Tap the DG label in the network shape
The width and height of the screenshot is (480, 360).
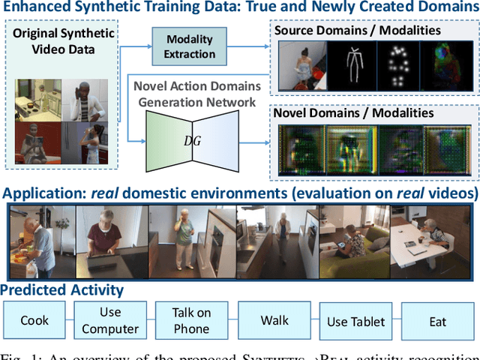point(192,141)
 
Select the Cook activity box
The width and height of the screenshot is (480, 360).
point(34,320)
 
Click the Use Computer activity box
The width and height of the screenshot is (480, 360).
point(110,320)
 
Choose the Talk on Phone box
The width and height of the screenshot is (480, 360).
point(192,320)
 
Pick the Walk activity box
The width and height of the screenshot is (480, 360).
point(274,320)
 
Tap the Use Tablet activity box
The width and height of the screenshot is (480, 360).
point(355,321)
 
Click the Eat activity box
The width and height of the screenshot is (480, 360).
point(437,321)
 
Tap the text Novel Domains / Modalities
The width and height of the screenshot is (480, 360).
point(353,112)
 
